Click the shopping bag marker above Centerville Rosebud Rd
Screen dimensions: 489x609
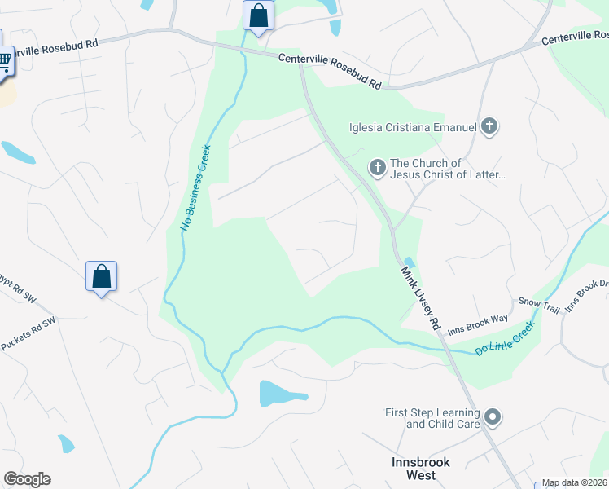(x=258, y=15)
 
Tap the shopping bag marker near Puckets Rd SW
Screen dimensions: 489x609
(x=102, y=276)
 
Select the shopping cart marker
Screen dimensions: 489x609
(x=3, y=59)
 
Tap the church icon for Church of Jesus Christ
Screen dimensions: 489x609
(x=377, y=168)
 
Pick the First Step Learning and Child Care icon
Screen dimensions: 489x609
(x=492, y=418)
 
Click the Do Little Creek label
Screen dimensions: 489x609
(x=505, y=338)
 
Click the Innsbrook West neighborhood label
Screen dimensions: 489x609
(x=416, y=468)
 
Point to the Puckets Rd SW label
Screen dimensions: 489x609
(x=28, y=334)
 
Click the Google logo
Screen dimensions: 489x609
(x=27, y=479)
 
